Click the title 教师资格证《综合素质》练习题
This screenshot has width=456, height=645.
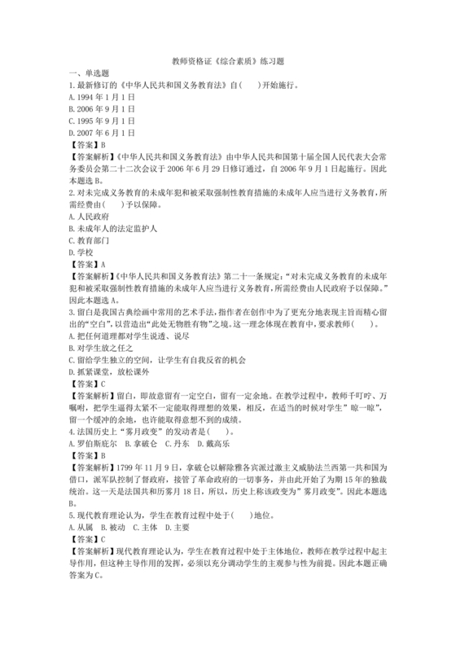(228, 61)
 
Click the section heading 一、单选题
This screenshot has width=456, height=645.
(90, 72)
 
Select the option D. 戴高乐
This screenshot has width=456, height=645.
(214, 444)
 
